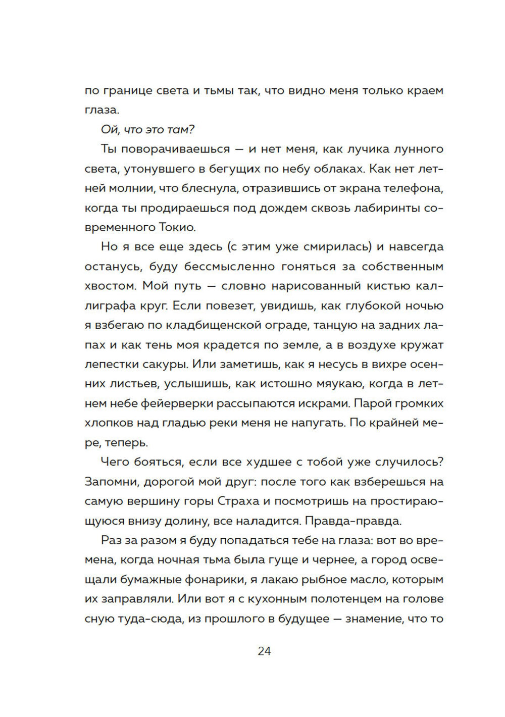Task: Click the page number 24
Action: tap(264, 651)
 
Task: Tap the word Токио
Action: tap(177, 227)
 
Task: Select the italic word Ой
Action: tap(109, 130)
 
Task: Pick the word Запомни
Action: tap(112, 481)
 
